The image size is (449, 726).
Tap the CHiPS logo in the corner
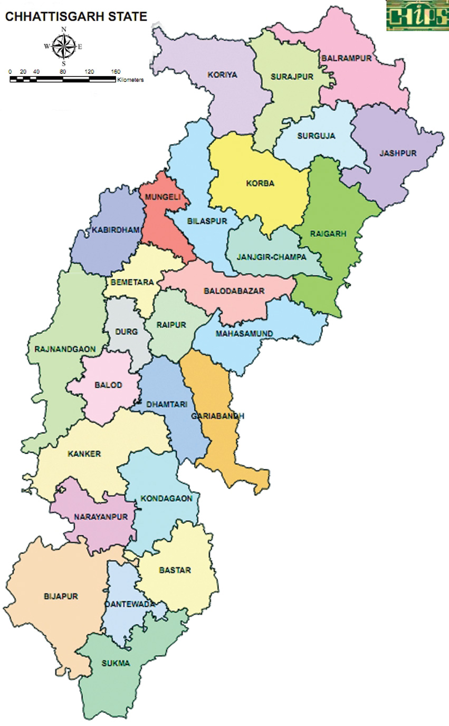417,15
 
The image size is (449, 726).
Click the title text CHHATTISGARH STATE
76,17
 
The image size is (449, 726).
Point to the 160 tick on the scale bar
116,72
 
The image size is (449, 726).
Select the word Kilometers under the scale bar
130,81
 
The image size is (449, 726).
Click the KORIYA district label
222,75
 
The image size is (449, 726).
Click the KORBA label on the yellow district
260,184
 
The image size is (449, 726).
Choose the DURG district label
126,332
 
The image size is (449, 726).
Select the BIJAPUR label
61,597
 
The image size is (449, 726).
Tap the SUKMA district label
117,664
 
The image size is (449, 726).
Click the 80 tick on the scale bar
63,72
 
